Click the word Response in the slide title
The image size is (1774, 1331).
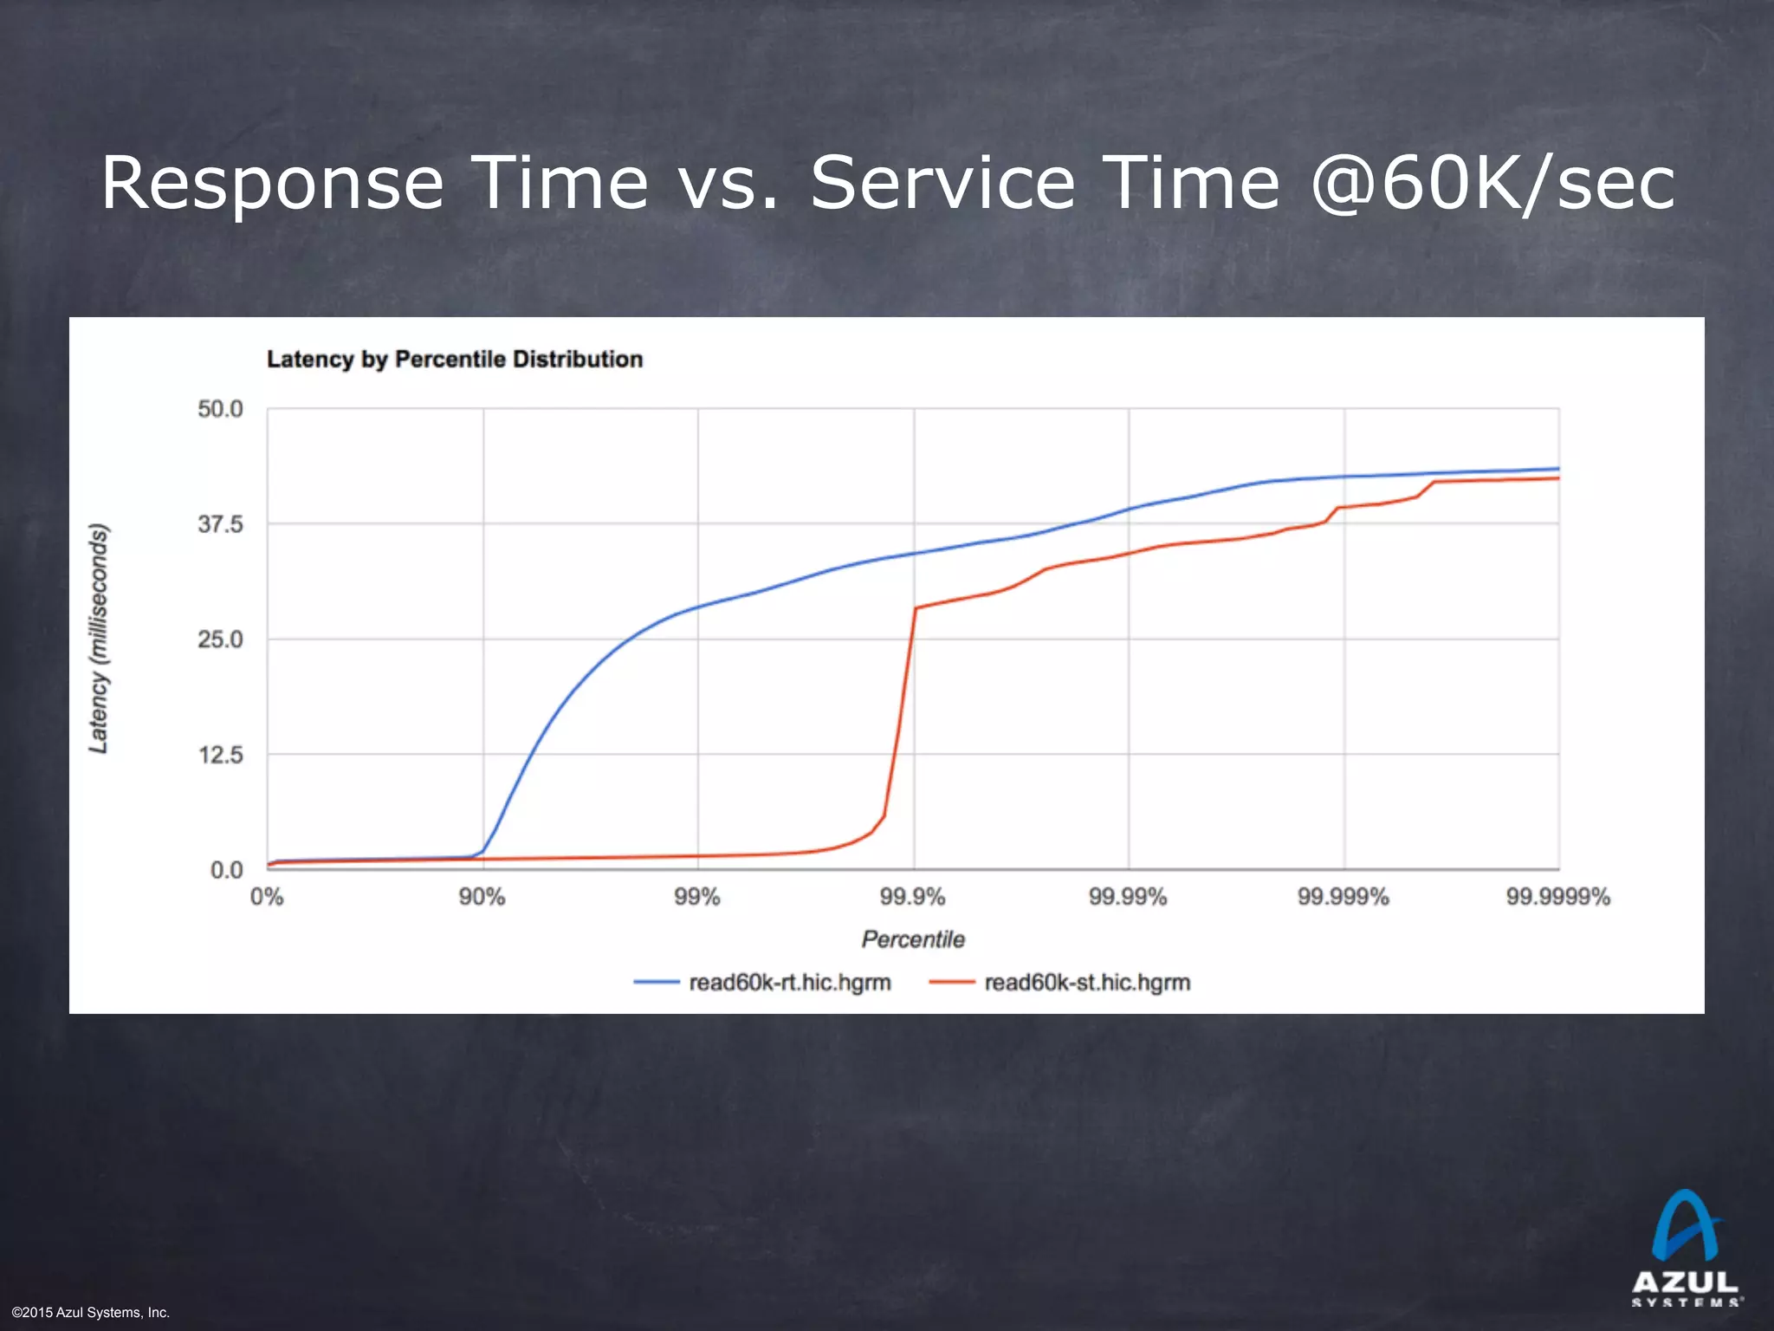click(x=272, y=184)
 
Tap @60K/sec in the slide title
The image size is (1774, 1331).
click(x=1492, y=184)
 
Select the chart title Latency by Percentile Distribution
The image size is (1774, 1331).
click(x=455, y=360)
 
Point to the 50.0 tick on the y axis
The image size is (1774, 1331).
click(x=220, y=409)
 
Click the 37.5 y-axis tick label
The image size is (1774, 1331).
click(x=220, y=524)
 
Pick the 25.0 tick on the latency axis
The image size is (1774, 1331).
click(x=220, y=640)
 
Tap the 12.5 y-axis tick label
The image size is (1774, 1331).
click(x=220, y=755)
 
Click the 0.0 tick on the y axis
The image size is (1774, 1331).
click(x=226, y=870)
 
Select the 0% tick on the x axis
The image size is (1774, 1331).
click(x=267, y=897)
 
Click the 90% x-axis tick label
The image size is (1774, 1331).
click(x=482, y=897)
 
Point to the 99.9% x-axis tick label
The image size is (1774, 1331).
click(x=912, y=897)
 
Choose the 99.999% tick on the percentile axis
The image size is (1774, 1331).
click(x=1343, y=897)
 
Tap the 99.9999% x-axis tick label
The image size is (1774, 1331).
click(x=1557, y=897)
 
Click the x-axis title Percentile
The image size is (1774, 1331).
click(x=912, y=939)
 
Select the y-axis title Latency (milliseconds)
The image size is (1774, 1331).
click(x=99, y=639)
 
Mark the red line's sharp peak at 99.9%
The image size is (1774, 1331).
click(x=916, y=608)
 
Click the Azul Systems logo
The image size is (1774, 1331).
click(x=1685, y=1248)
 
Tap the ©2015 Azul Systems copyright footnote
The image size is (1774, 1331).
click(x=91, y=1313)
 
